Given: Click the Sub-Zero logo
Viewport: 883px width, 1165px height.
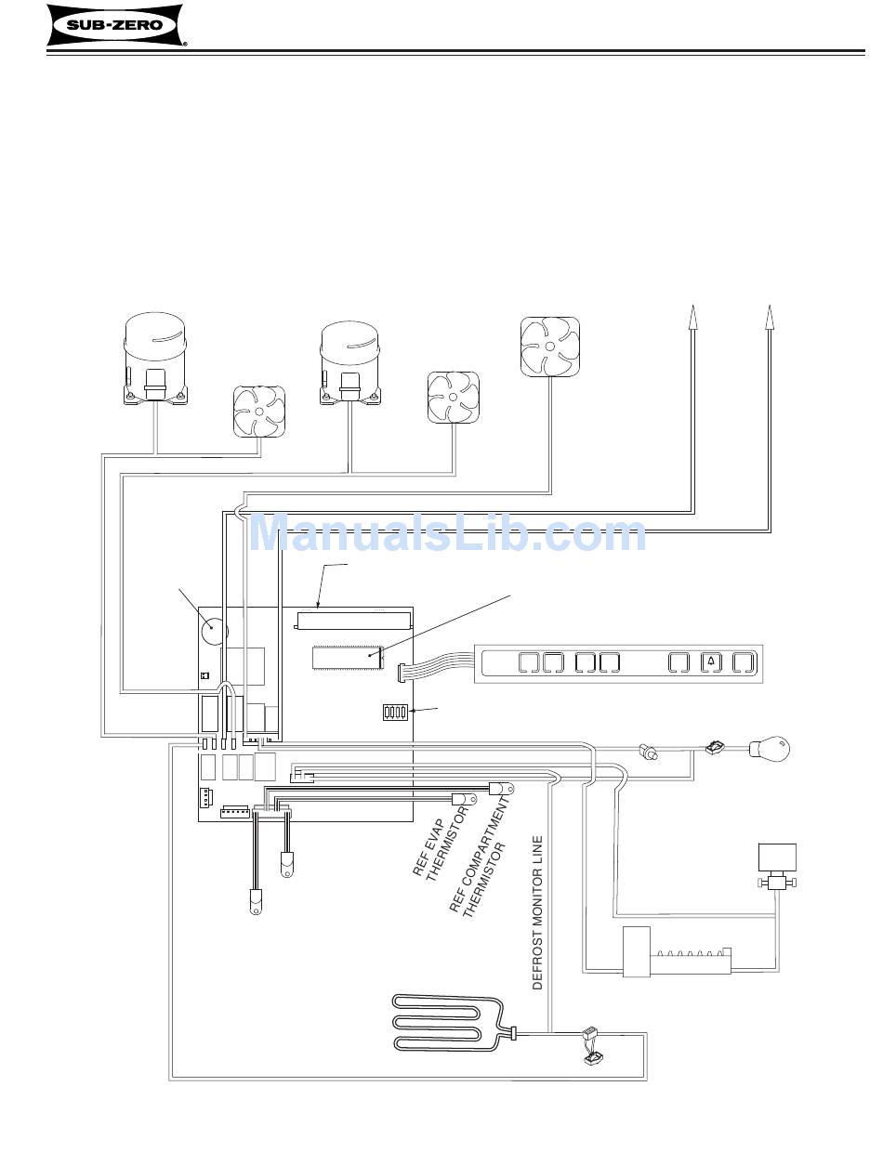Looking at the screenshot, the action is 115,26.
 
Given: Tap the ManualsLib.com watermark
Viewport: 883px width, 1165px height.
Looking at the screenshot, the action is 449,534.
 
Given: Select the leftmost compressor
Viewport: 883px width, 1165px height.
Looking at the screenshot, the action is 155,358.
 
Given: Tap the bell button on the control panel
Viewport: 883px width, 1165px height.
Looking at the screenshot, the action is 710,662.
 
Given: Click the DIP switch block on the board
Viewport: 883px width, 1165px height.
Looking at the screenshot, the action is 396,713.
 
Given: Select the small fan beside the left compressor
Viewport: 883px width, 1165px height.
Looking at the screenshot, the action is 257,412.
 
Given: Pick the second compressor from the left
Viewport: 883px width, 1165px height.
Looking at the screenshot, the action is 350,363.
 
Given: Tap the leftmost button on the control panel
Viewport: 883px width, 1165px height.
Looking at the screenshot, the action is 526,662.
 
